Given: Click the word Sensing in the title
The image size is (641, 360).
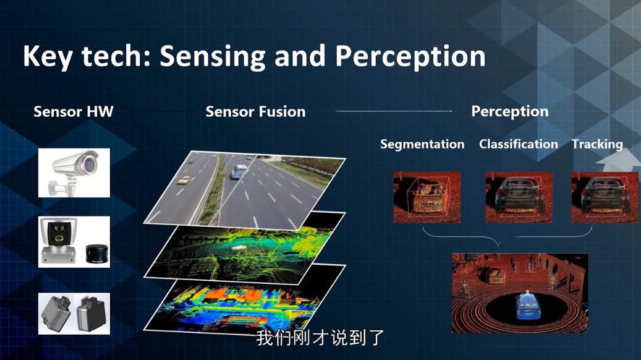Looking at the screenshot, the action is [x=213, y=56].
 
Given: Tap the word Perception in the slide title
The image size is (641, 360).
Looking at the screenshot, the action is [x=410, y=56].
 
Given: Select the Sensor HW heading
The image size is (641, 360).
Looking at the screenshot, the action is [x=74, y=112].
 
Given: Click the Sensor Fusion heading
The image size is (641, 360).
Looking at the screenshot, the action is [x=255, y=112].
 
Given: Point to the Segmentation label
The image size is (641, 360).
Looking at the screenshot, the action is [x=422, y=144].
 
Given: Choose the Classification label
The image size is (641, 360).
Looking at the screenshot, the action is [x=519, y=144].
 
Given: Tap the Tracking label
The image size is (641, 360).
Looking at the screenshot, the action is [x=597, y=144].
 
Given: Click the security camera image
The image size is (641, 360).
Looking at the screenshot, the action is [x=74, y=173].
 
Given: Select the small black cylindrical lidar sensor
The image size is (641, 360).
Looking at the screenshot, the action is [x=97, y=254].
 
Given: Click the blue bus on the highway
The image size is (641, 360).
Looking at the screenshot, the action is [x=239, y=171].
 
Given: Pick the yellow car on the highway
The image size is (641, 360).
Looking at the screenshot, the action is [x=183, y=180].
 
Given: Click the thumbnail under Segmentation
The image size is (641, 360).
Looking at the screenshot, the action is [x=427, y=197].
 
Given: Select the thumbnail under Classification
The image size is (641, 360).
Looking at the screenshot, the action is [x=519, y=197].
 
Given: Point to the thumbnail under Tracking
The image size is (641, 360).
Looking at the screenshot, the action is [x=605, y=197].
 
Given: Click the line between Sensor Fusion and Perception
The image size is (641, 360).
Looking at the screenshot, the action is [x=394, y=111].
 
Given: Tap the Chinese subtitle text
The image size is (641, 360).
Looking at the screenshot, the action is [x=320, y=338].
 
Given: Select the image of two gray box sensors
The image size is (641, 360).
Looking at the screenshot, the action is [x=74, y=314].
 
